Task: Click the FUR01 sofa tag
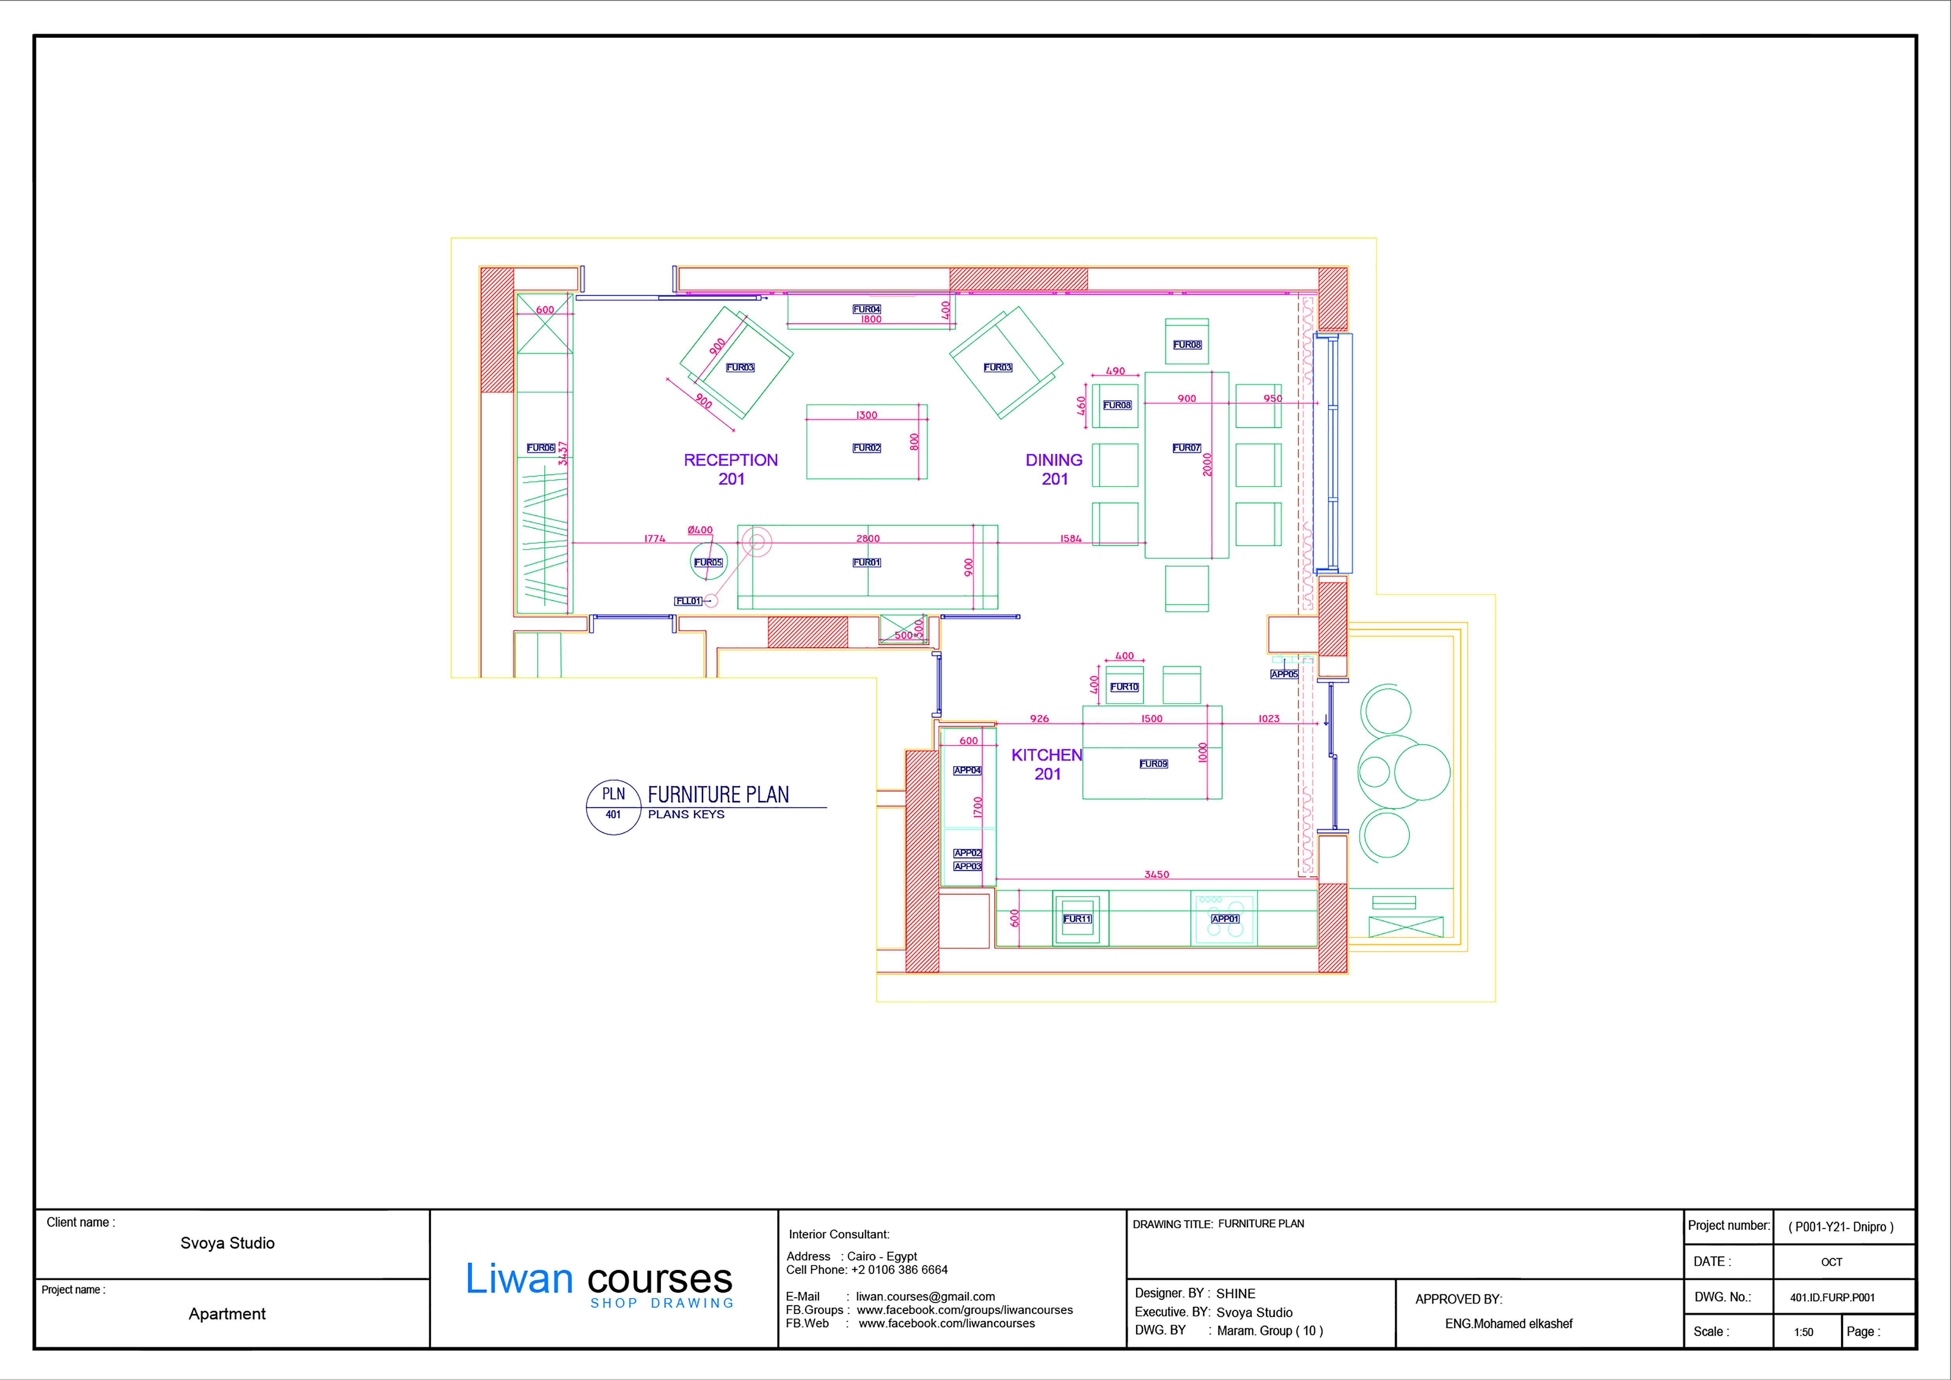(x=867, y=563)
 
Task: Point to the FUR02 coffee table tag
(x=867, y=448)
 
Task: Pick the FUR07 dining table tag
(x=1186, y=448)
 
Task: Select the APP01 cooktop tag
(x=1224, y=919)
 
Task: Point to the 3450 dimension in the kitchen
(x=1156, y=874)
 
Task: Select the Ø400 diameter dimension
(x=700, y=530)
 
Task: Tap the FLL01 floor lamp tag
(x=688, y=601)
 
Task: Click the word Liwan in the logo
(x=519, y=1279)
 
